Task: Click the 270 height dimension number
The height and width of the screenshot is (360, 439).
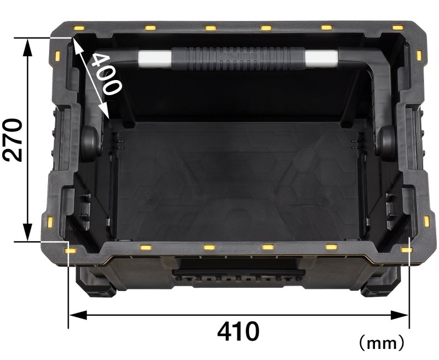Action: pos(12,140)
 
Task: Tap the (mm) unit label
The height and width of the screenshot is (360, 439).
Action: pos(382,342)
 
